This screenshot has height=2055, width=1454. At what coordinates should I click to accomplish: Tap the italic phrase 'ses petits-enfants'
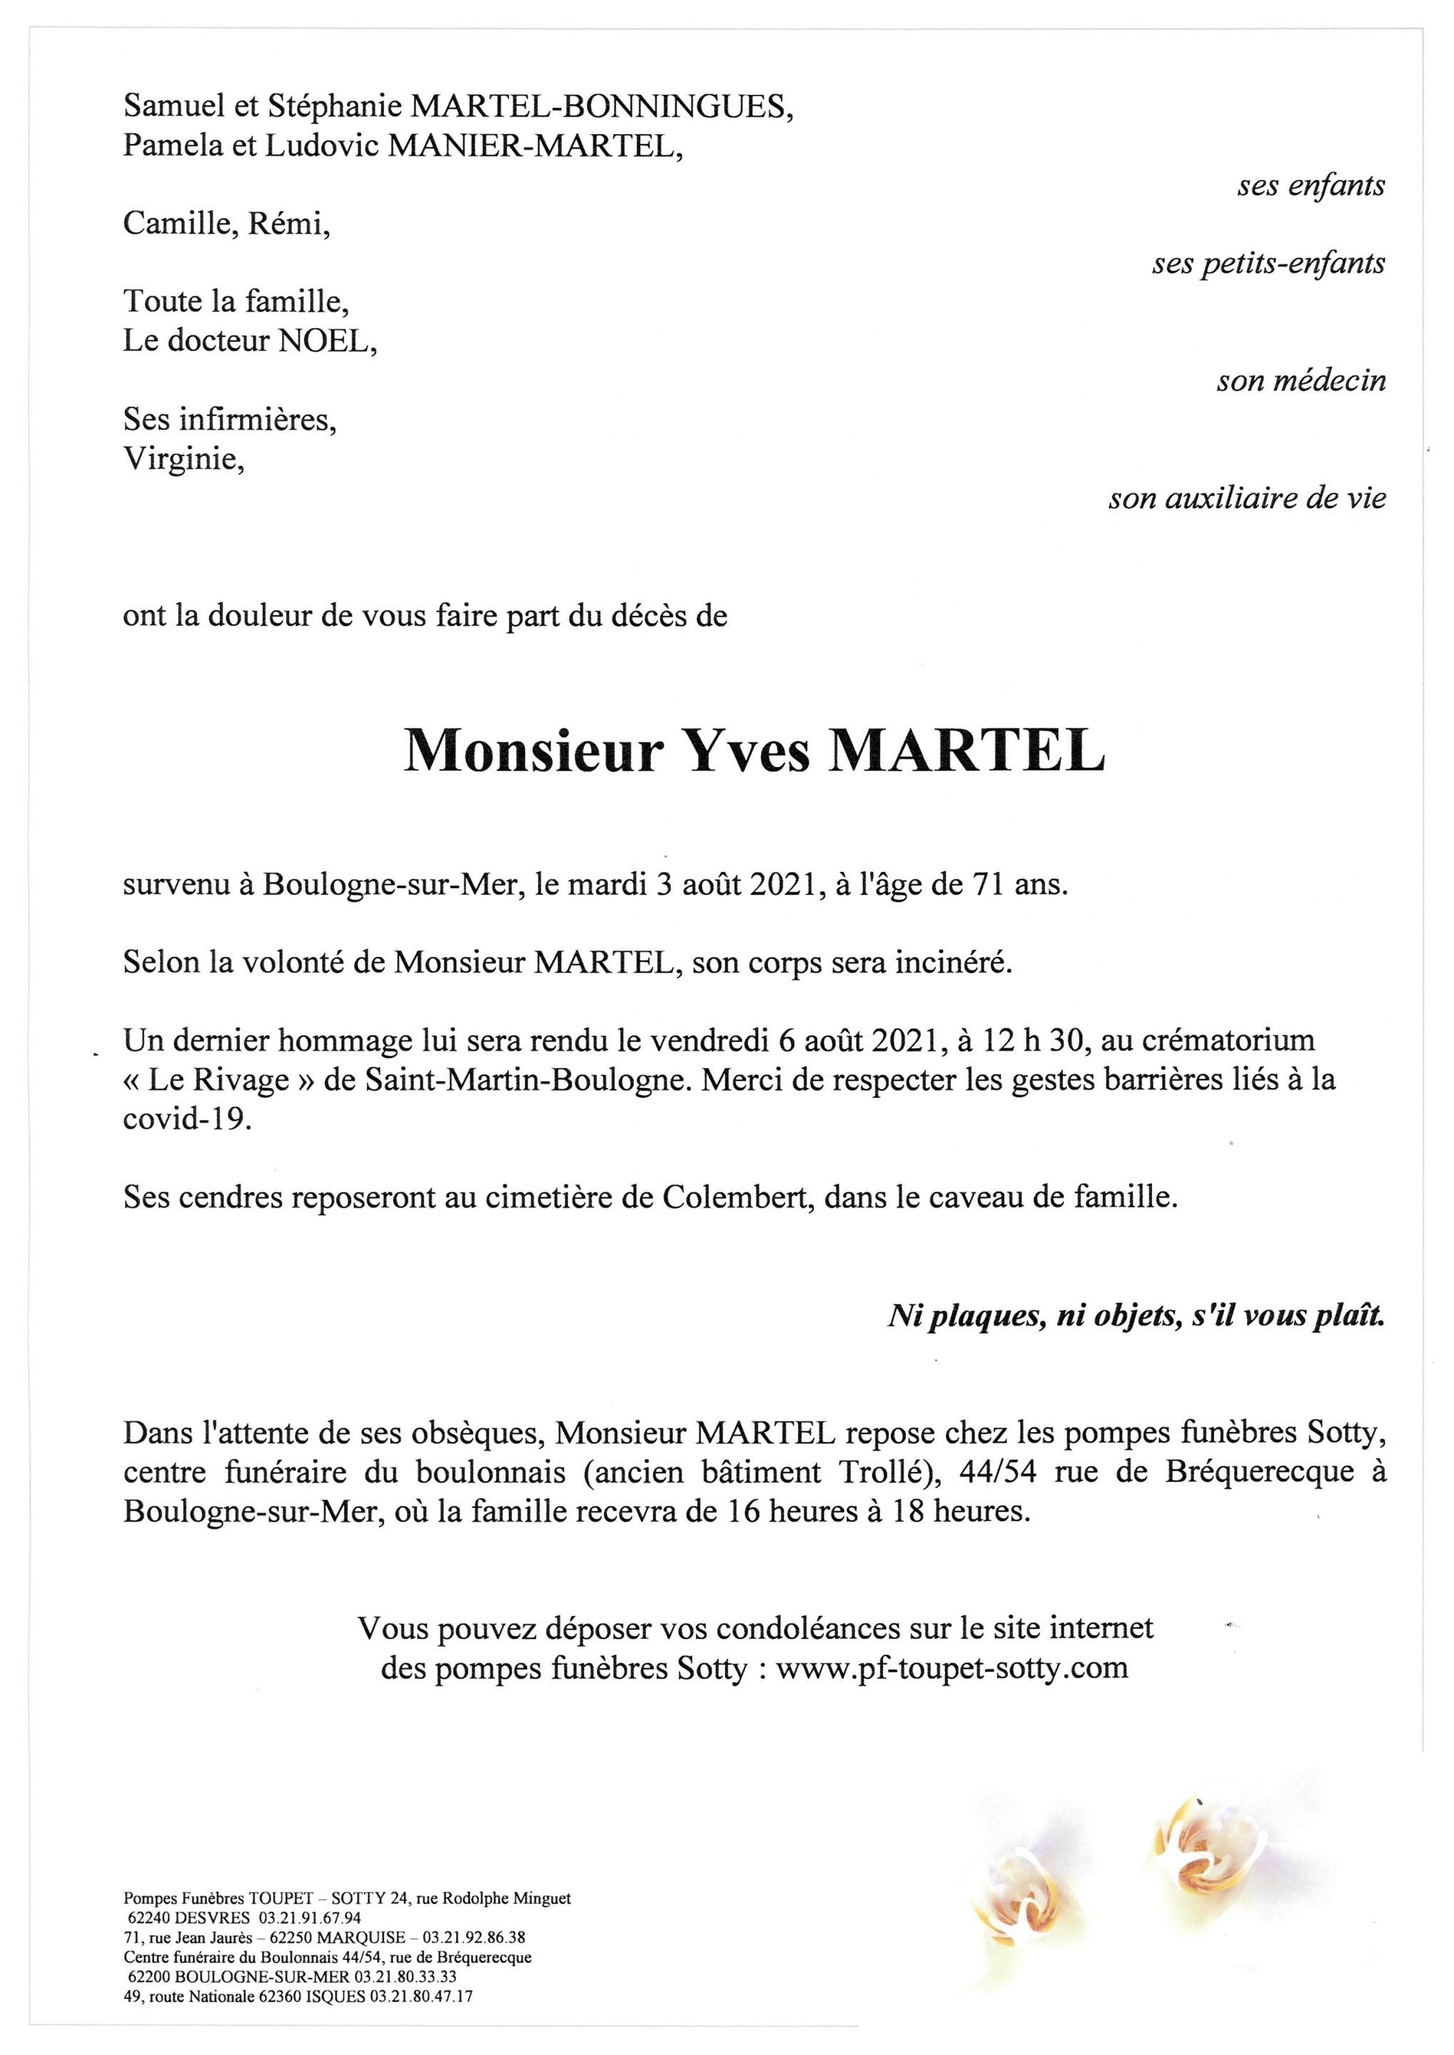1268,264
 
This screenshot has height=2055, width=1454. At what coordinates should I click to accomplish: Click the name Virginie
183,459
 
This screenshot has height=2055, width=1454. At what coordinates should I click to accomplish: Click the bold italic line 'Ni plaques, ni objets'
1135,1316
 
